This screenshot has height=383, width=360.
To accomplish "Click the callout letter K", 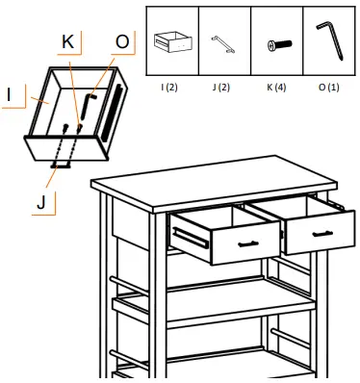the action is [x=67, y=44].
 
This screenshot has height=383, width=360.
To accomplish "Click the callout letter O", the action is [x=121, y=43].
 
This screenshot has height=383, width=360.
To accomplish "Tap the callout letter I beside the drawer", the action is [x=9, y=95].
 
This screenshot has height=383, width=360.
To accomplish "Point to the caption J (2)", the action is [x=222, y=88].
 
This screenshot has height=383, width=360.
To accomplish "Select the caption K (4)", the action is [x=276, y=88].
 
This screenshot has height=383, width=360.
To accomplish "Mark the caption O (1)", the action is [x=328, y=88].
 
